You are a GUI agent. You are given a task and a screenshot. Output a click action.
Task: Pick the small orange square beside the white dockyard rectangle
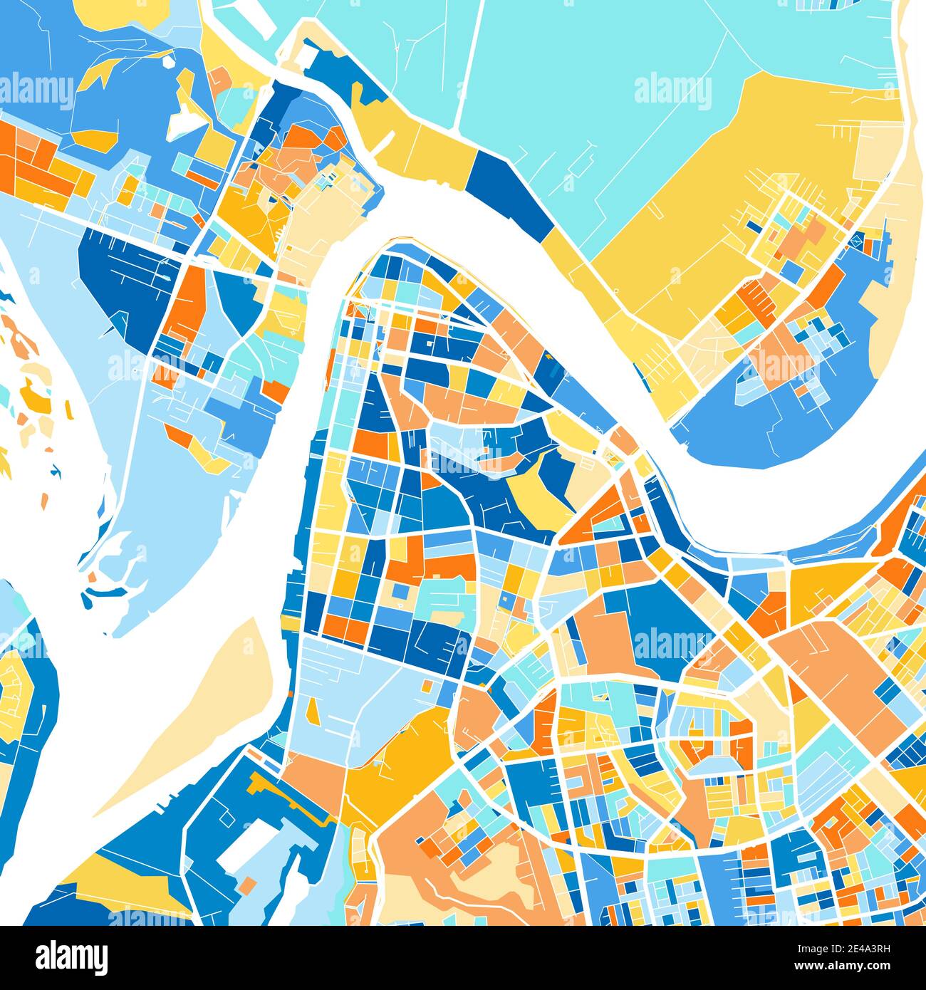[x=247, y=885]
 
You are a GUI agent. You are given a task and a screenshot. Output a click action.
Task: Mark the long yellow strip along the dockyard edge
[x=292, y=798]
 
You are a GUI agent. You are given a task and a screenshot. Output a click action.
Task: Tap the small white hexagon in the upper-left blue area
[x=169, y=62]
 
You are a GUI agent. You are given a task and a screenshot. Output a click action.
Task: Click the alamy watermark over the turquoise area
[x=672, y=91]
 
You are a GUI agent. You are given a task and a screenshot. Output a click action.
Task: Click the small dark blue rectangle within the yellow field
[x=753, y=226]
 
